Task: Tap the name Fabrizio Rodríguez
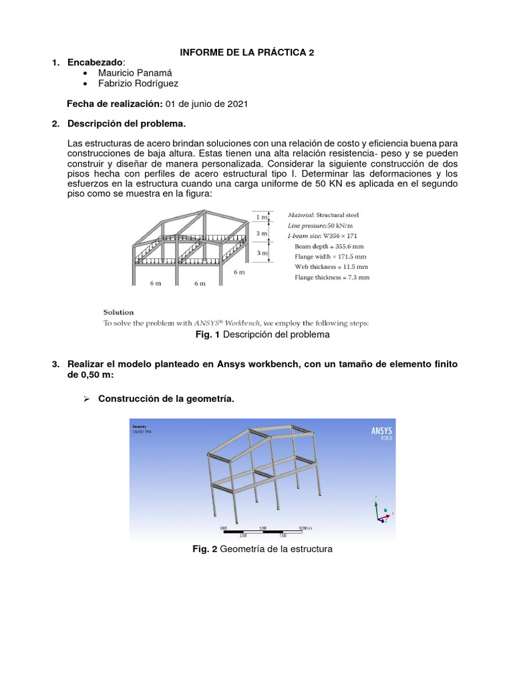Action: point(138,84)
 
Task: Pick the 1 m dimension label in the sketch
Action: point(262,217)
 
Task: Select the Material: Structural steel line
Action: point(323,215)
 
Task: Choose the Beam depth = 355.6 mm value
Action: point(329,246)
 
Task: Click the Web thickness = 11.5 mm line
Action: point(331,267)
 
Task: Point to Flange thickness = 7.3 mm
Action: point(332,277)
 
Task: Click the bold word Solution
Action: point(118,312)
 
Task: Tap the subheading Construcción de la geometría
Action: point(166,399)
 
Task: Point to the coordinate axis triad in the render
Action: point(383,513)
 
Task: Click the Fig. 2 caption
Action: point(262,549)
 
